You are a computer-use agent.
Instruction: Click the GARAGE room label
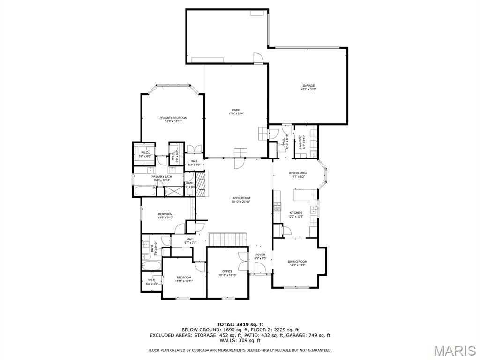click(x=308, y=86)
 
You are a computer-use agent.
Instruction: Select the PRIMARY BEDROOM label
click(x=173, y=118)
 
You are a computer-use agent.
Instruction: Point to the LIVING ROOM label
click(x=240, y=198)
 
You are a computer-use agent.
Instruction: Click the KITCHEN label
click(x=296, y=213)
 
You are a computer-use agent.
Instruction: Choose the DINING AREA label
click(x=299, y=173)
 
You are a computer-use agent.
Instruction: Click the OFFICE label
click(x=227, y=271)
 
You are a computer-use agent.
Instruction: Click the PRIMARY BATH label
click(x=161, y=177)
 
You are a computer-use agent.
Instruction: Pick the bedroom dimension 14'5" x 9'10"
click(x=165, y=217)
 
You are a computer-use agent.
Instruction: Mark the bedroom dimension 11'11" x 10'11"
click(x=184, y=281)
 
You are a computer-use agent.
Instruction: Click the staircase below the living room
click(x=227, y=239)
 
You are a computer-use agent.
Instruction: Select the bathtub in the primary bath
click(x=145, y=191)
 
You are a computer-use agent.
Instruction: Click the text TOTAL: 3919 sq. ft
click(x=240, y=324)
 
